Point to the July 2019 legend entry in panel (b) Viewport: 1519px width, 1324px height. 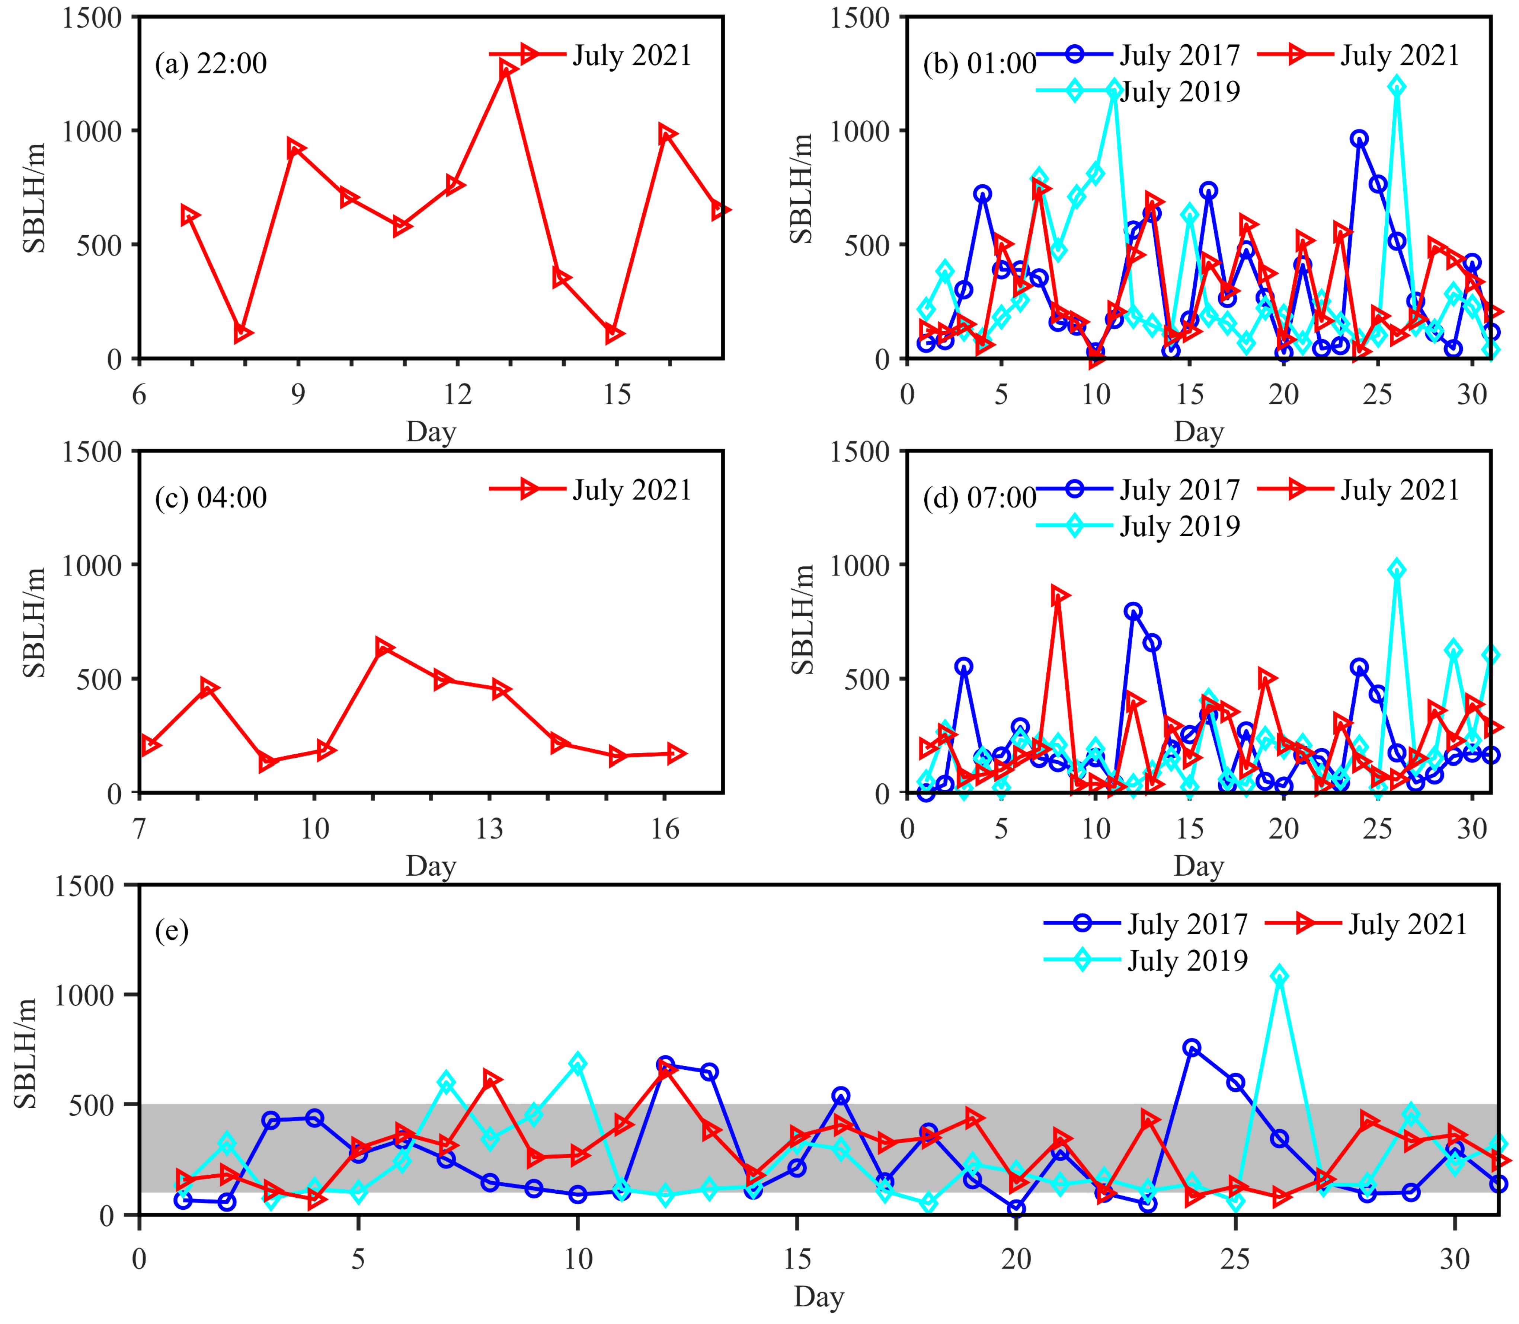point(1179,92)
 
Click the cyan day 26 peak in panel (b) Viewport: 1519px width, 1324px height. point(1396,86)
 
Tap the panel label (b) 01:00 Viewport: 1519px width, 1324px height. point(979,64)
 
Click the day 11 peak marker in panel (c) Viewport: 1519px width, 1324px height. point(383,647)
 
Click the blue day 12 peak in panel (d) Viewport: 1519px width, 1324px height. point(1133,611)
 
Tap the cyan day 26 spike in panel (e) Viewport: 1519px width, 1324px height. point(1279,976)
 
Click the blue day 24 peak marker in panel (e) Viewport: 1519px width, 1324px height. point(1191,1048)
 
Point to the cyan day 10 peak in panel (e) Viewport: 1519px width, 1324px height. point(578,1063)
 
